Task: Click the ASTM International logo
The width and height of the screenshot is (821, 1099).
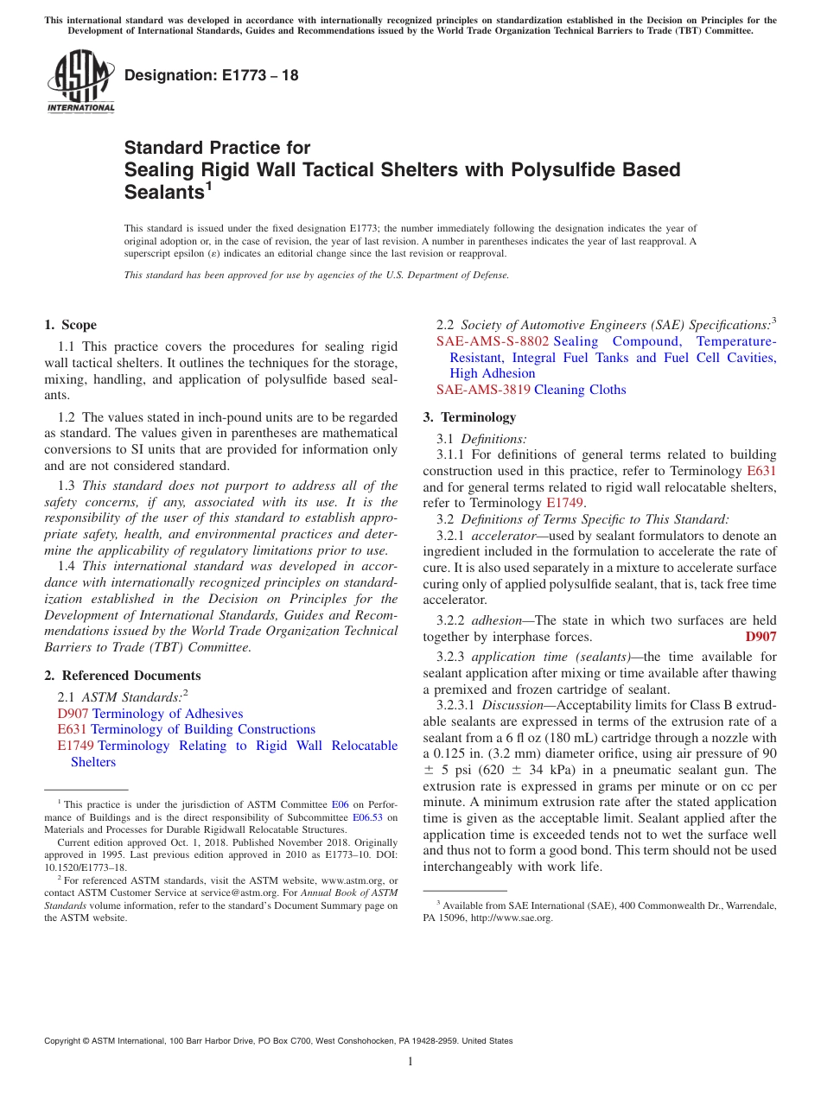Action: pos(80,82)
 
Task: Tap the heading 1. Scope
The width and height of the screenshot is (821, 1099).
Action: pos(70,325)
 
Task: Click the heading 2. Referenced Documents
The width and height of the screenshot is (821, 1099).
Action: pos(122,676)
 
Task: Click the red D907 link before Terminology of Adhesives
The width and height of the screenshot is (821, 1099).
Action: pos(73,714)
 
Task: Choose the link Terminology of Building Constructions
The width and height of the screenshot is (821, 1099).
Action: pos(203,729)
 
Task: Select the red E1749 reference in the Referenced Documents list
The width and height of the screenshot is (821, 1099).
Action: pos(75,746)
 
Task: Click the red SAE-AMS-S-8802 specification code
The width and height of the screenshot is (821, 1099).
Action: pos(493,341)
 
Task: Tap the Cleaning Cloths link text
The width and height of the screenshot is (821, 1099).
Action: pos(580,390)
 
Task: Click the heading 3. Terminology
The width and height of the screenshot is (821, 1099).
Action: pos(469,417)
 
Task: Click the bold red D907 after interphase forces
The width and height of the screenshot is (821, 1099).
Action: pos(761,637)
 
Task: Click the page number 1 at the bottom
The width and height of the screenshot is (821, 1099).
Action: pos(410,1061)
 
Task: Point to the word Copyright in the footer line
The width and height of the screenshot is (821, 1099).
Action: pos(65,1041)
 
